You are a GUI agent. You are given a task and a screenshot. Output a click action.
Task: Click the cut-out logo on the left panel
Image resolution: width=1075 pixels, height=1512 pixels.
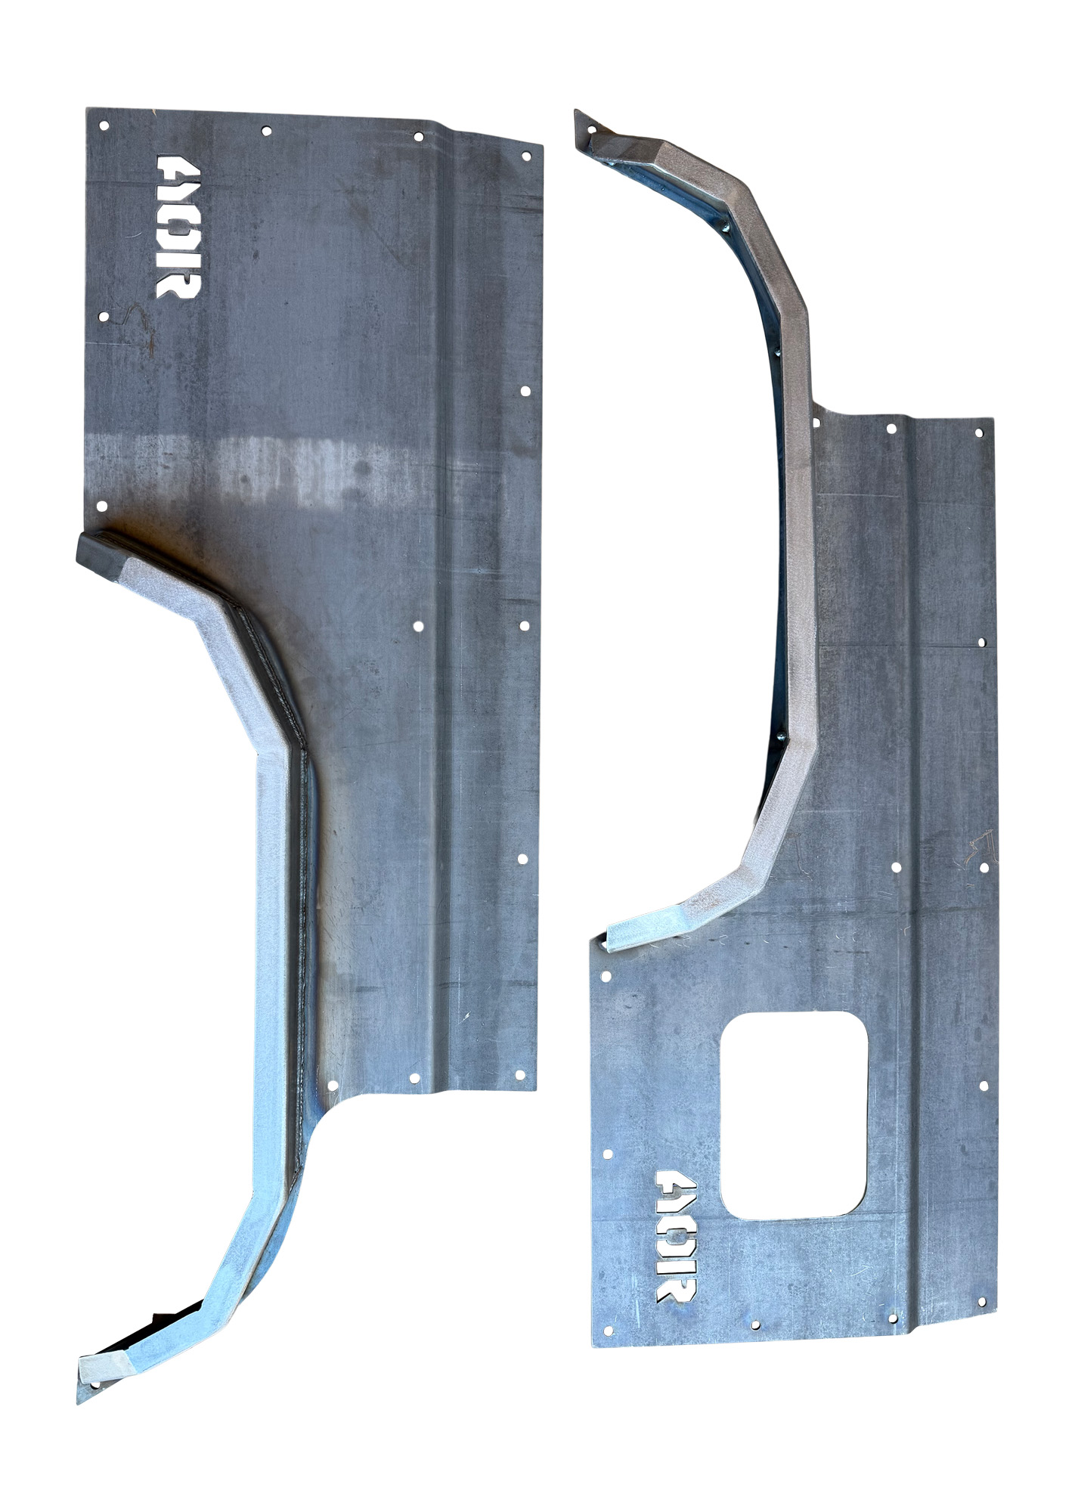178,227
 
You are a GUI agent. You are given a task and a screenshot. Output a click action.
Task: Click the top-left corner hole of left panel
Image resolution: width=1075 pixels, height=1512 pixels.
104,125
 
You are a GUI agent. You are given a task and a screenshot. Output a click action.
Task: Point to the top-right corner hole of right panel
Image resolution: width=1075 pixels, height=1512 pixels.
979,433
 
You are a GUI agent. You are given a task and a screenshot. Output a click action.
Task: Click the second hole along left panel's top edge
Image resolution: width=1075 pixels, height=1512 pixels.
266,131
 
